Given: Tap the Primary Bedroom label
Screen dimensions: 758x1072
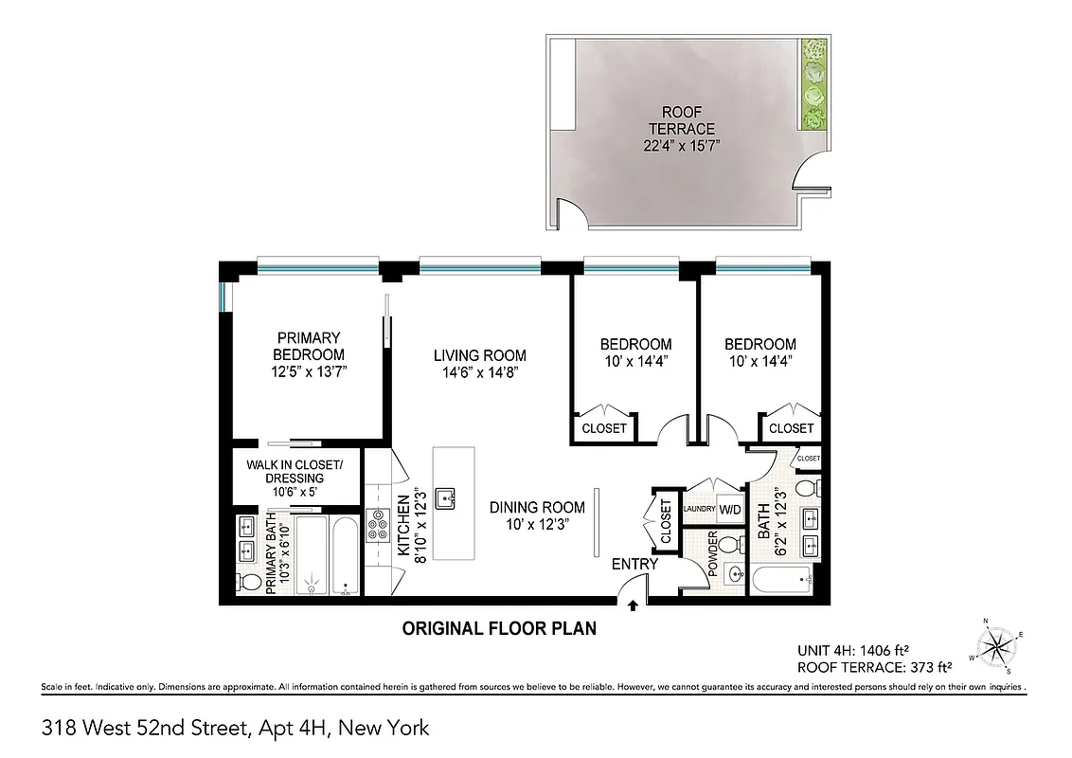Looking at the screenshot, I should click(x=308, y=346).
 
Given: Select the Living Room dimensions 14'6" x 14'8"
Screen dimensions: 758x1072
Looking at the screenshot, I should click(x=480, y=372).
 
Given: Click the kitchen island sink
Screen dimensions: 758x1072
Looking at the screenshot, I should click(x=446, y=496).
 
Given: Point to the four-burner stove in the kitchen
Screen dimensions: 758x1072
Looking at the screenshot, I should click(x=378, y=525).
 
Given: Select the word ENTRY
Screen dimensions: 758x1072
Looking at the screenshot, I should click(x=634, y=565).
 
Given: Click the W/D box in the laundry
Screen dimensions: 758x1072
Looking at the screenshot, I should click(x=729, y=509).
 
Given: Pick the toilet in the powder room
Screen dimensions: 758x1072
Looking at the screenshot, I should click(x=728, y=545).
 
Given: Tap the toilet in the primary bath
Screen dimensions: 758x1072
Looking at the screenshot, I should click(x=247, y=581).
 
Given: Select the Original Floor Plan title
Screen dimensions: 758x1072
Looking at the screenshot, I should click(x=499, y=628).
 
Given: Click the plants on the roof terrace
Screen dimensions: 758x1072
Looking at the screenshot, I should click(x=812, y=84).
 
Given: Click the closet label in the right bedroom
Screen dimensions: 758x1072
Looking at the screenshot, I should click(x=791, y=428).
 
